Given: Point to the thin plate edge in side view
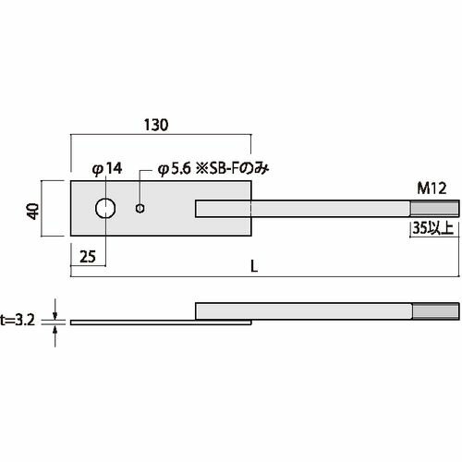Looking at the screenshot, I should click(129, 322).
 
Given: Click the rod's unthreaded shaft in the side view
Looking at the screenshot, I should click(305, 310).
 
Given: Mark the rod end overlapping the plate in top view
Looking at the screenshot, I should click(222, 209).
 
